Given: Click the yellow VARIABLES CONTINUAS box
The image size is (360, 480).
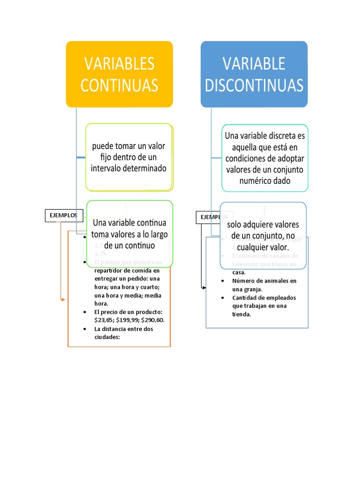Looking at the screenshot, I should (x=119, y=74).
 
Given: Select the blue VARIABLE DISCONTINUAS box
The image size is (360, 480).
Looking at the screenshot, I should (x=254, y=74).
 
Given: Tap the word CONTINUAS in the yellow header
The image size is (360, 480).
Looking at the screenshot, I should (x=119, y=85).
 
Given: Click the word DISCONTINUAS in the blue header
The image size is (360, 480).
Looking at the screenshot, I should (x=254, y=85).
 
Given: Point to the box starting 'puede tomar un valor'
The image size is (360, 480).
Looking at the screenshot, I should (x=129, y=157).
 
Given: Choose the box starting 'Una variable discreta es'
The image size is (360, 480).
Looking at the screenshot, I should (x=265, y=158).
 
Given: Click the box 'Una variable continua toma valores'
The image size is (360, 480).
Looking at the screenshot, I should (x=130, y=233).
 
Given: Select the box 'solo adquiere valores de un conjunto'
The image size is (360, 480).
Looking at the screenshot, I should (x=263, y=235).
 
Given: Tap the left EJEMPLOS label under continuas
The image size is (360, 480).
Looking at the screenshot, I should (x=64, y=215).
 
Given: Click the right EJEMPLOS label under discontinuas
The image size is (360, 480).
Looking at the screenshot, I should (x=214, y=217).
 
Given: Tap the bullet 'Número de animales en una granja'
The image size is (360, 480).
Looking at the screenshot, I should (x=264, y=285).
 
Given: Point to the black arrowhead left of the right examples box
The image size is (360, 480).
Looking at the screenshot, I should (x=204, y=287).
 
